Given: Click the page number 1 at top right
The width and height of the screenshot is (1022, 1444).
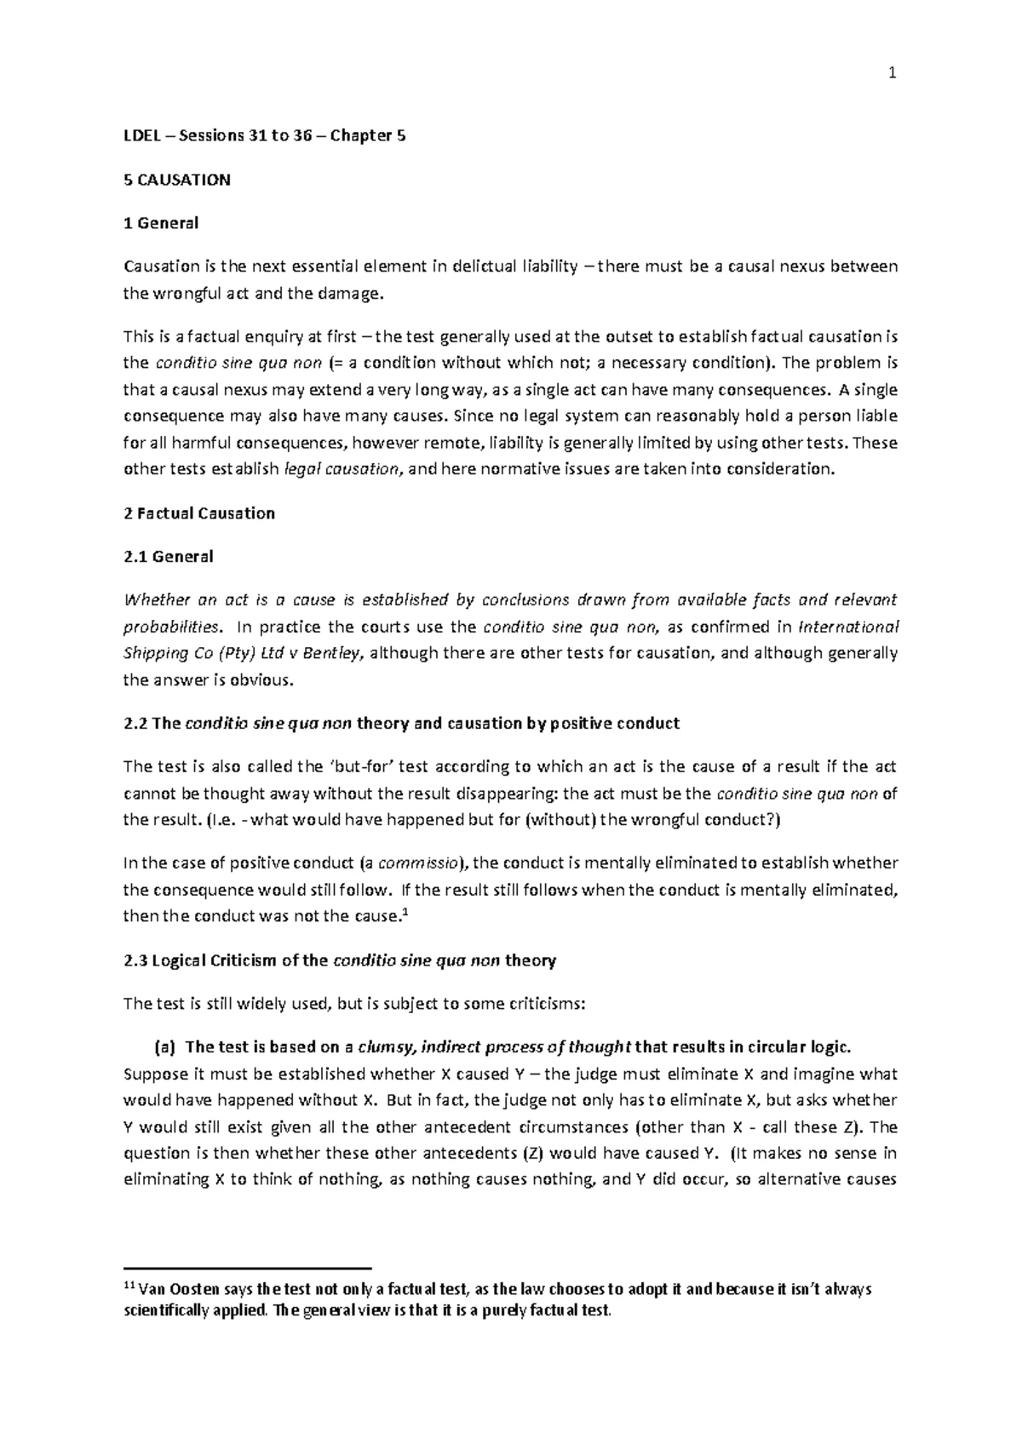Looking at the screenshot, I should pos(893,74).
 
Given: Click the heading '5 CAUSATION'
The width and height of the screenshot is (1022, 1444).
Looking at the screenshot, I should pos(177,180).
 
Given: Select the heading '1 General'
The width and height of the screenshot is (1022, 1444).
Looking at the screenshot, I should pos(161,223).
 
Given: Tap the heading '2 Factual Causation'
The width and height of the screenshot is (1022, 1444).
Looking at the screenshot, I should pos(199,513).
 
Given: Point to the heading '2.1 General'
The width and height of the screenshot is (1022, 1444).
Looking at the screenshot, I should pos(169,557).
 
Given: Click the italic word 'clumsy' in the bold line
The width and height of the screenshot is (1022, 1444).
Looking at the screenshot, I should pos(388,1046).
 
